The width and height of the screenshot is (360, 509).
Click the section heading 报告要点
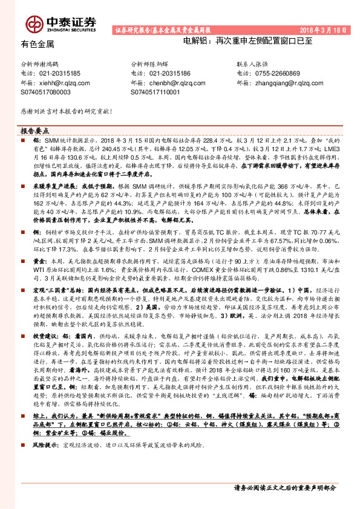(x=35, y=131)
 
